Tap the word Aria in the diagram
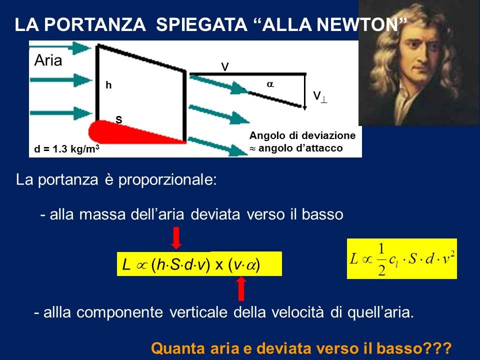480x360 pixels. [48, 60]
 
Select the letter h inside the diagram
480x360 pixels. [108, 85]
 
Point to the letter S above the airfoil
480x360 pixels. [119, 119]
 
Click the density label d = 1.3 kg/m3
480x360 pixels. [66, 149]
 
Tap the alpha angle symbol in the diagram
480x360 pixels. [270, 84]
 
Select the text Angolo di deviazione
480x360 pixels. [302, 135]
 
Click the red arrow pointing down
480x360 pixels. [176, 238]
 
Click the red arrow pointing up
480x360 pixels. [241, 288]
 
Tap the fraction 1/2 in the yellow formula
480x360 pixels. [381, 259]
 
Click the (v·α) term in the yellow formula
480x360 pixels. [244, 264]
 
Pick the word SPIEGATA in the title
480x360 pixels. [201, 24]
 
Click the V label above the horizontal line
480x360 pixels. [225, 66]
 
